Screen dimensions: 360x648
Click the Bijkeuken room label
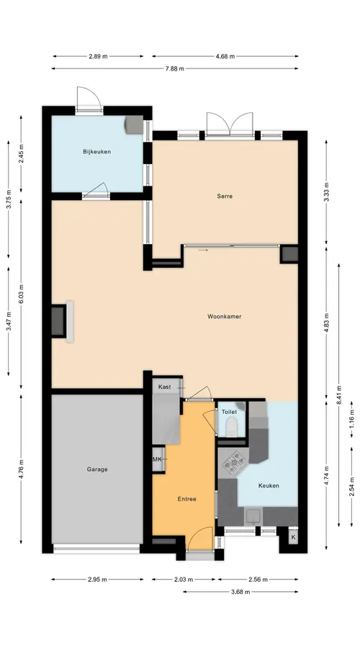click(x=96, y=152)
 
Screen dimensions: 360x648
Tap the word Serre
click(x=225, y=197)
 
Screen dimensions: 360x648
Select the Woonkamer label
click(x=224, y=317)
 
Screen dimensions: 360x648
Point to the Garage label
click(x=97, y=469)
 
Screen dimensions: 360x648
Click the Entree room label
click(x=186, y=499)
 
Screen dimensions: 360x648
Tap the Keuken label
click(x=269, y=485)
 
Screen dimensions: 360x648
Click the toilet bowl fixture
click(x=232, y=426)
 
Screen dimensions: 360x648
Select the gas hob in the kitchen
click(x=234, y=462)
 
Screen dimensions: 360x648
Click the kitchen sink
click(x=253, y=516)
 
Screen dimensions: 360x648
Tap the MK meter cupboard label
click(x=157, y=459)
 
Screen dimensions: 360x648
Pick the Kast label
click(x=164, y=387)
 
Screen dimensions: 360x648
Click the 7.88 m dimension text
click(x=174, y=68)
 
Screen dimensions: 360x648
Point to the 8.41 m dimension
click(x=339, y=395)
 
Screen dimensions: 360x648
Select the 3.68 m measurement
click(x=240, y=592)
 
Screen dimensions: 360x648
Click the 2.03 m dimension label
click(x=184, y=580)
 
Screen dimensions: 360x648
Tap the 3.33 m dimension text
click(x=326, y=192)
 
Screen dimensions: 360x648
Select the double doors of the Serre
click(x=230, y=124)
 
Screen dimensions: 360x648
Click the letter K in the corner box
click(x=294, y=537)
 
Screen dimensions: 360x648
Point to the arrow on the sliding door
click(x=203, y=250)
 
